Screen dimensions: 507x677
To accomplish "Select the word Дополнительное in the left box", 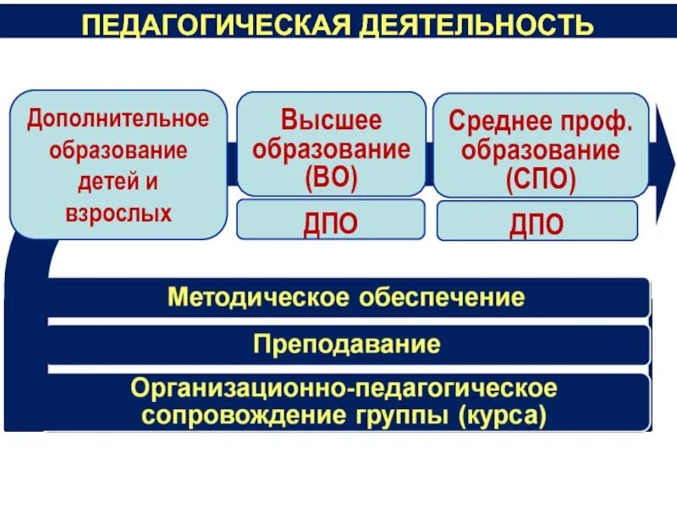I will tap(118, 118).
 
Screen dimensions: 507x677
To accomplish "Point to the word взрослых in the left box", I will tap(118, 212).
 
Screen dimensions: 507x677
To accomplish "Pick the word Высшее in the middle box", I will tap(332, 120).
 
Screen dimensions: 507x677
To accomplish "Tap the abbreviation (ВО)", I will tap(331, 178).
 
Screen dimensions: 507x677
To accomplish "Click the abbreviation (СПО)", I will tap(541, 180).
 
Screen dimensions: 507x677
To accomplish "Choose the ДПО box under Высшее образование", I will tap(331, 221).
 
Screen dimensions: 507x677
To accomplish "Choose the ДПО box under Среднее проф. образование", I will tap(537, 223).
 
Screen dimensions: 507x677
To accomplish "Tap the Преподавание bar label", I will tap(347, 344).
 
